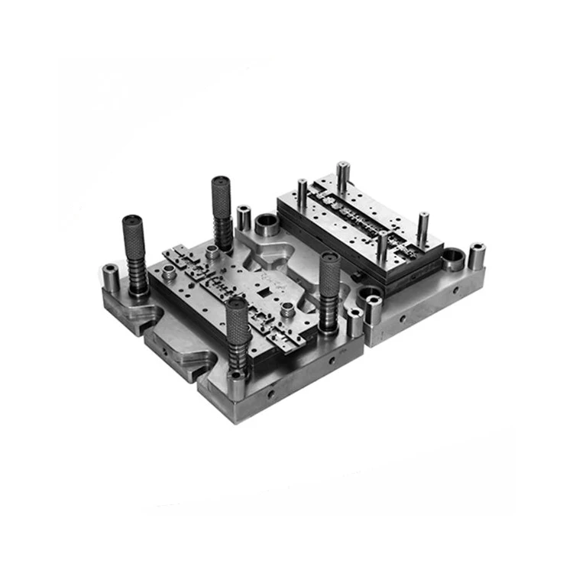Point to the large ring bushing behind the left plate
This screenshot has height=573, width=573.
268,226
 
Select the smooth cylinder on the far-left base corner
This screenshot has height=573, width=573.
111,278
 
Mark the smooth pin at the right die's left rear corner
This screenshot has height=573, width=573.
303,194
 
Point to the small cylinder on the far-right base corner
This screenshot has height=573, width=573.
477,256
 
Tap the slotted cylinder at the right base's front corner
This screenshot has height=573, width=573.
373,308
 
